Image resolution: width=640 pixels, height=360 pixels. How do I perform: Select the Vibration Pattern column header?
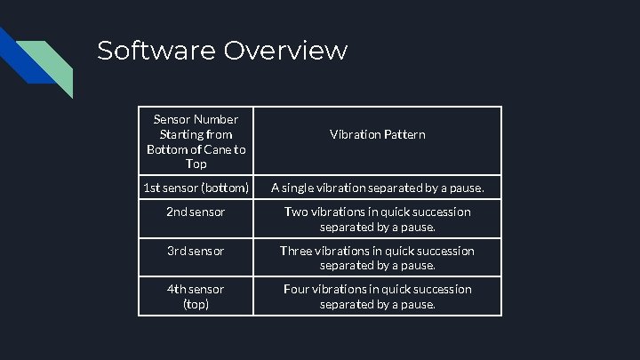pyautogui.click(x=378, y=134)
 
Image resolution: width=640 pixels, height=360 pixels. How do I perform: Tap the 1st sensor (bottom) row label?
pyautogui.click(x=196, y=188)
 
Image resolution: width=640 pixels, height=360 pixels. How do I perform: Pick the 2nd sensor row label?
pyautogui.click(x=196, y=212)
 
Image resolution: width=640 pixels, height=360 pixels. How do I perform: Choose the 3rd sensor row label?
pyautogui.click(x=196, y=251)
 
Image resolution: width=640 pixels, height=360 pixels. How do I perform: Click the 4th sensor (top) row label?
pyautogui.click(x=196, y=296)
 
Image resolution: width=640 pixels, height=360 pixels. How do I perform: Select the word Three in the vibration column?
pyautogui.click(x=297, y=251)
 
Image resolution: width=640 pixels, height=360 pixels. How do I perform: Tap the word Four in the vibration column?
pyautogui.click(x=298, y=289)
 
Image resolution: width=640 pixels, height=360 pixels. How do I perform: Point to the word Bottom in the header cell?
pyautogui.click(x=164, y=149)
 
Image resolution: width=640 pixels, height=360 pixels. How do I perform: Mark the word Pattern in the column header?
pyautogui.click(x=404, y=134)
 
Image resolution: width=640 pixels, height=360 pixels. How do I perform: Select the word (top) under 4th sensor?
pyautogui.click(x=196, y=304)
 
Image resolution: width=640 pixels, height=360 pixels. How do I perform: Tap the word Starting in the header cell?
pyautogui.click(x=180, y=133)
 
